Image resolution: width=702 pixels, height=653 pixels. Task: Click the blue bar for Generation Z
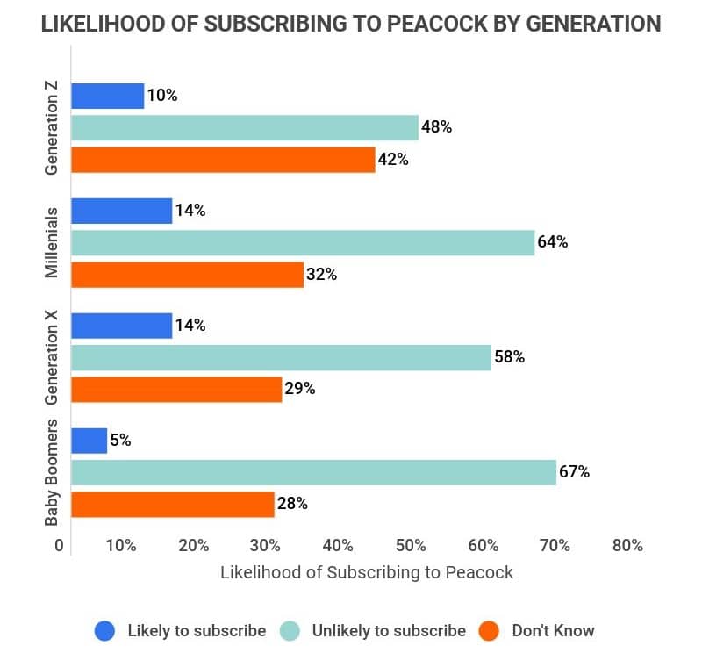tap(107, 96)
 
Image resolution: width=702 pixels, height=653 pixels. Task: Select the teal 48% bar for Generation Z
tap(245, 128)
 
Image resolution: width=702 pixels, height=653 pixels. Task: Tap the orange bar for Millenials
tap(187, 275)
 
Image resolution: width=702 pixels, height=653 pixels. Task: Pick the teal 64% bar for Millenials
tap(302, 242)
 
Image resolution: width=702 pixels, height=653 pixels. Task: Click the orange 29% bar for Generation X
tap(176, 389)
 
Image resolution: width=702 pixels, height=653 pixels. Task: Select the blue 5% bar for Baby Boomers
tap(89, 441)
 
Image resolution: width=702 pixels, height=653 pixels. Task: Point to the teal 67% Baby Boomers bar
tap(313, 472)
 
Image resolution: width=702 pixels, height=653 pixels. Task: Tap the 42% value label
tap(394, 160)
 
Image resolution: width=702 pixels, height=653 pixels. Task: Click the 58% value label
tap(509, 357)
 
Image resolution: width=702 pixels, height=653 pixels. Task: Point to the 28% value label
tap(292, 504)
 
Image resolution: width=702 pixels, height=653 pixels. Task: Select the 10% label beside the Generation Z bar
tap(162, 96)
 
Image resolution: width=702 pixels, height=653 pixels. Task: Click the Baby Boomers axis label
tap(53, 472)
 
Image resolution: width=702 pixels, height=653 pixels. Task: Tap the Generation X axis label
tap(53, 357)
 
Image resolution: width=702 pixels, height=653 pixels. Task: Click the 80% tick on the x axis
tap(627, 545)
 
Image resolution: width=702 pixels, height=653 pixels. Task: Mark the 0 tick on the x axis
tap(60, 545)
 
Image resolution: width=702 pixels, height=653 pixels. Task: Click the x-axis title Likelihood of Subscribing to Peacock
tap(366, 573)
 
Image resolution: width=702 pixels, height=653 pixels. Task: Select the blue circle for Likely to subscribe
tap(105, 630)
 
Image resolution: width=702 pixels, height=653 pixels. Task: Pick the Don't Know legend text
tap(553, 630)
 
